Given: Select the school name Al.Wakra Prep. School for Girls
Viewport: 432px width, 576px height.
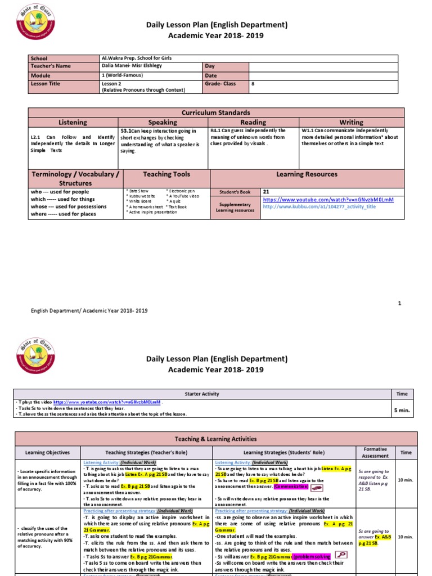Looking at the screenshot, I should [136, 58].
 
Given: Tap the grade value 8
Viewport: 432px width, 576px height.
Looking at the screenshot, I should [253, 83].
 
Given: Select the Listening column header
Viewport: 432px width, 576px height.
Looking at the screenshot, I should [73, 122].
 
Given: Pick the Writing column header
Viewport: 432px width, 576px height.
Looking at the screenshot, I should [351, 122].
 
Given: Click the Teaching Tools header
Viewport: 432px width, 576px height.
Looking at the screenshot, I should [166, 174].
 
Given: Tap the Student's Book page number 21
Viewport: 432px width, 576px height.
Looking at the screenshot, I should [267, 192].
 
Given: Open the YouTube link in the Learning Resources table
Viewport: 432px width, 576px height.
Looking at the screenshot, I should [328, 200].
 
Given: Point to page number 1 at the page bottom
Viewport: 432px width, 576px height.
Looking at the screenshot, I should [400, 303].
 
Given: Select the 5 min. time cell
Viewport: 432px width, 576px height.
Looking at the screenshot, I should [402, 410].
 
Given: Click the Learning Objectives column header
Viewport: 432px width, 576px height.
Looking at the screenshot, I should [48, 452].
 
